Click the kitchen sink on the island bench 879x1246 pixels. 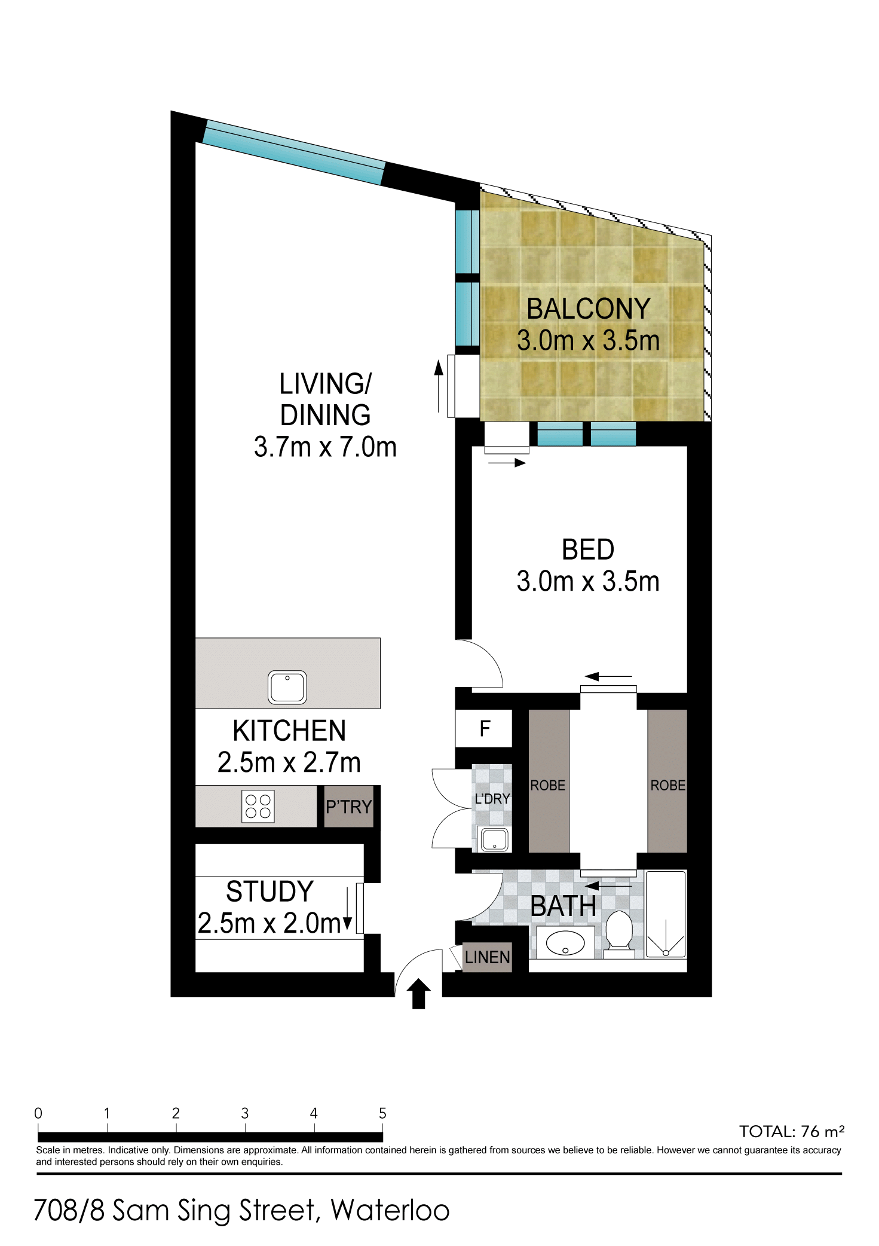(287, 687)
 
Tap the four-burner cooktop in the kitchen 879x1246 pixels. (258, 807)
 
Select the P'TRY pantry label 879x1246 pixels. (349, 807)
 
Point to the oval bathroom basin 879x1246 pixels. (565, 943)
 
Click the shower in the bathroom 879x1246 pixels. (666, 915)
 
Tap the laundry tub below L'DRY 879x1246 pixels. (494, 839)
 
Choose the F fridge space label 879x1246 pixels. (485, 728)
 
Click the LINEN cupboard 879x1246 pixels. (488, 957)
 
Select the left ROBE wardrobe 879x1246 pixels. (549, 781)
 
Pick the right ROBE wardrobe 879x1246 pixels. (667, 781)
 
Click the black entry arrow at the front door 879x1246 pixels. (419, 994)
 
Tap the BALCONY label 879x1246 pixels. (589, 309)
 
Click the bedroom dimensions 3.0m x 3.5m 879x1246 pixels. (588, 582)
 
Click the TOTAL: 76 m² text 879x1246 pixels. (792, 1131)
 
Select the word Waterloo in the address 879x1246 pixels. (390, 1211)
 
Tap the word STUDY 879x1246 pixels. (270, 892)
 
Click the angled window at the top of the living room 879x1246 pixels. (293, 152)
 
